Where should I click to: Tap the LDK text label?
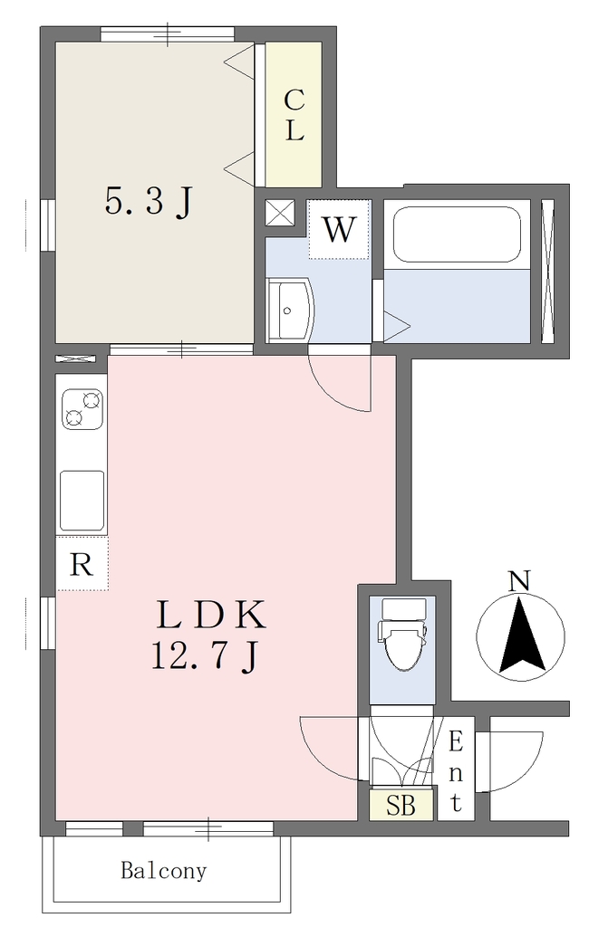210,616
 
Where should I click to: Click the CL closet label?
294,115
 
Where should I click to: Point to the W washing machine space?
339,229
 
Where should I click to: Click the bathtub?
457,234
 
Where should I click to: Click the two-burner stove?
82,409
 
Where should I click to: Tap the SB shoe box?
401,805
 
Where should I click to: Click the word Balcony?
164,871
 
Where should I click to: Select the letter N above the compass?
520,582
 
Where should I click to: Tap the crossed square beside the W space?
279,212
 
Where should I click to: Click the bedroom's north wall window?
168,34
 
